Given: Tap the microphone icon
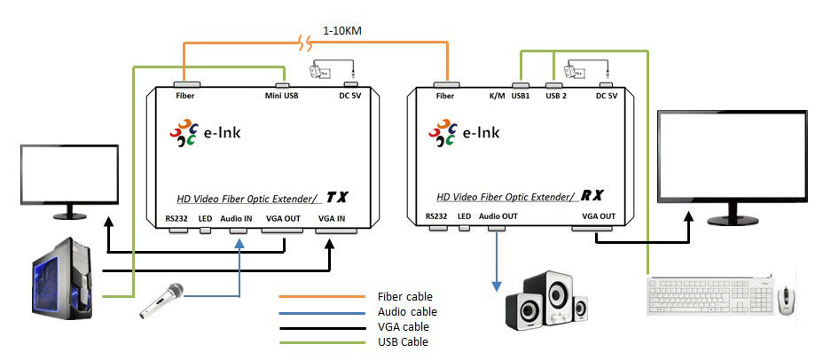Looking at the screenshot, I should coord(161,301).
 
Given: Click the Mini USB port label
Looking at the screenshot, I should coord(281,95).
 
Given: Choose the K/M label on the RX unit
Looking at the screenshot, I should coord(497,95).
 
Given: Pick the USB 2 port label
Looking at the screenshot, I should coord(557,95).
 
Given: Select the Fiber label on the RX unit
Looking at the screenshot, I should coord(445,95).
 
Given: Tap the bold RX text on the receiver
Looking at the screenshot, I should coord(597,195).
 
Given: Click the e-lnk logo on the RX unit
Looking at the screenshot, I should coord(465,134).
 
